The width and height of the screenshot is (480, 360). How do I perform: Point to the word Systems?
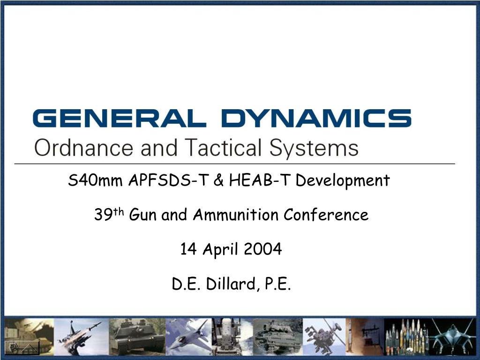(x=314, y=149)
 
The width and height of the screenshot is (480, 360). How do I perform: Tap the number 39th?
(x=108, y=215)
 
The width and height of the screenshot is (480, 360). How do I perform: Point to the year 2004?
(x=263, y=249)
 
